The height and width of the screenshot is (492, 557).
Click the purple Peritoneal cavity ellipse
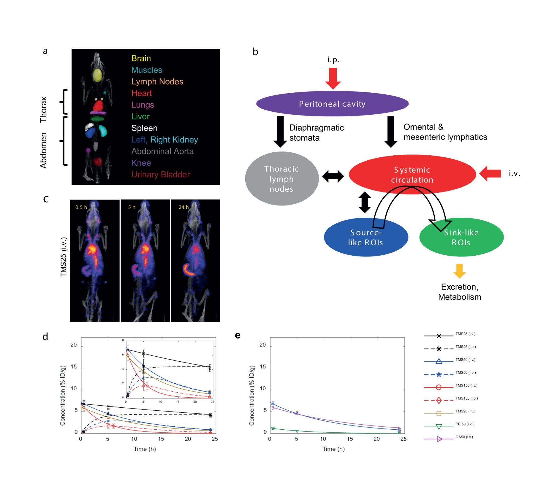pos(332,104)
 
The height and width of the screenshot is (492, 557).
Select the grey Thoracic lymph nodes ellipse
pos(282,178)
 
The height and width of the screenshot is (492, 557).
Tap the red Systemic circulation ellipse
pos(412,174)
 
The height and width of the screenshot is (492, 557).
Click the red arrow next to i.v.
pos(490,173)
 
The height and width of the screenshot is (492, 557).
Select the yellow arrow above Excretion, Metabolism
pos(459,271)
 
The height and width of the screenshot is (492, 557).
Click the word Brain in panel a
pos(141,58)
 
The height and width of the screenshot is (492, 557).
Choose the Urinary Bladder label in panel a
pos(160,175)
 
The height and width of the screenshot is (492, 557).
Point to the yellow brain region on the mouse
pos(97,75)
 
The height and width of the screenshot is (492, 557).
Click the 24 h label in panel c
pos(184,207)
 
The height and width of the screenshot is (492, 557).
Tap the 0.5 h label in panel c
pos(81,207)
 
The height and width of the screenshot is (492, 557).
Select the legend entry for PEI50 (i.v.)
pos(464,424)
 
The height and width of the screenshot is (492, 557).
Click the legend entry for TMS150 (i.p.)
pos(466,398)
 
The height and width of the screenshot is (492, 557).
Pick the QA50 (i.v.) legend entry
pos(464,437)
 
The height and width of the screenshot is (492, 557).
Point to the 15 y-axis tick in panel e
pos(263,367)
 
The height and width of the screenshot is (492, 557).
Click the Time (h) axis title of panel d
pos(145,449)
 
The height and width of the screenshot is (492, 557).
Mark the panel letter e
pos(238,335)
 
